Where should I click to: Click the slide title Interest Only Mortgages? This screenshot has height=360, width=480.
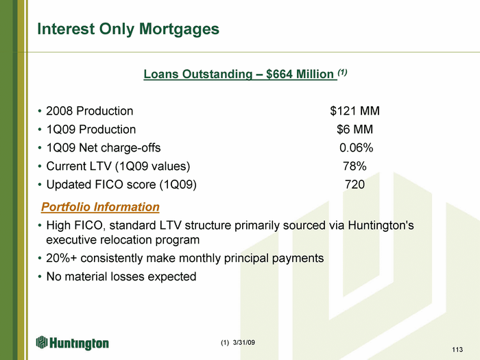[128, 29]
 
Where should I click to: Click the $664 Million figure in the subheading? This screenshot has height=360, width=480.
[300, 74]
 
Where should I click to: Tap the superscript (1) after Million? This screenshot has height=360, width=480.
[342, 73]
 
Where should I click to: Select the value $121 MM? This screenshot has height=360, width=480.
[355, 111]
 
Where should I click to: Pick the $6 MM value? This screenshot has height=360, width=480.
[355, 129]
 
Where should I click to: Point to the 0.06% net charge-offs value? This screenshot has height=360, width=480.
[357, 148]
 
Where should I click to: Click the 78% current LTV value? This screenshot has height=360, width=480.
[355, 166]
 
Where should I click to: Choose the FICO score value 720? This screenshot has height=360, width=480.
[355, 184]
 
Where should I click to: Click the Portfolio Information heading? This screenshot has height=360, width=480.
[100, 207]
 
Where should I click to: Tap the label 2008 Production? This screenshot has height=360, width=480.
[90, 111]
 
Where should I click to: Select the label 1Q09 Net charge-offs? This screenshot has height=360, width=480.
[104, 148]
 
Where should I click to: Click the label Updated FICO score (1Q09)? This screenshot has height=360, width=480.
[121, 184]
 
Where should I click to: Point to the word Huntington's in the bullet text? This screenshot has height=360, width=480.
[381, 226]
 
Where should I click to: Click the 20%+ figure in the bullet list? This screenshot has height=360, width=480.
[62, 258]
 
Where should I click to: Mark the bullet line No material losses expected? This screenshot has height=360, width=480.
[121, 277]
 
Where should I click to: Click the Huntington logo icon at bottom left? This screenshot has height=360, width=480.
[42, 342]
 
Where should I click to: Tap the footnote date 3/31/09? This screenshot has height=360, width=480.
[244, 343]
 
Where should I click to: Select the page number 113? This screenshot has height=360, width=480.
[457, 350]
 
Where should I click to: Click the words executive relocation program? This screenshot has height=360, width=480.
[123, 240]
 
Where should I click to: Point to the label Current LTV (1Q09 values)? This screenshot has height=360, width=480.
[118, 166]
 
